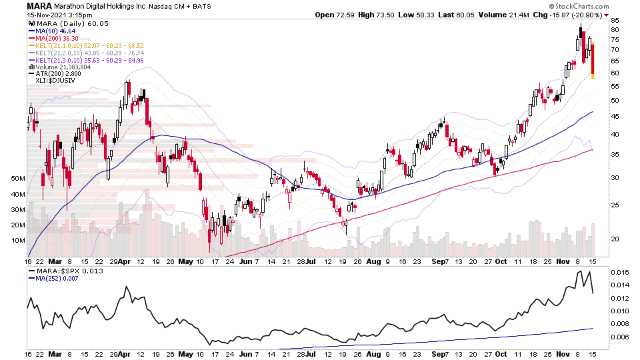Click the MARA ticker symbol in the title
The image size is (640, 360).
39,6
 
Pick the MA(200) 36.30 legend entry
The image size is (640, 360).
57,38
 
